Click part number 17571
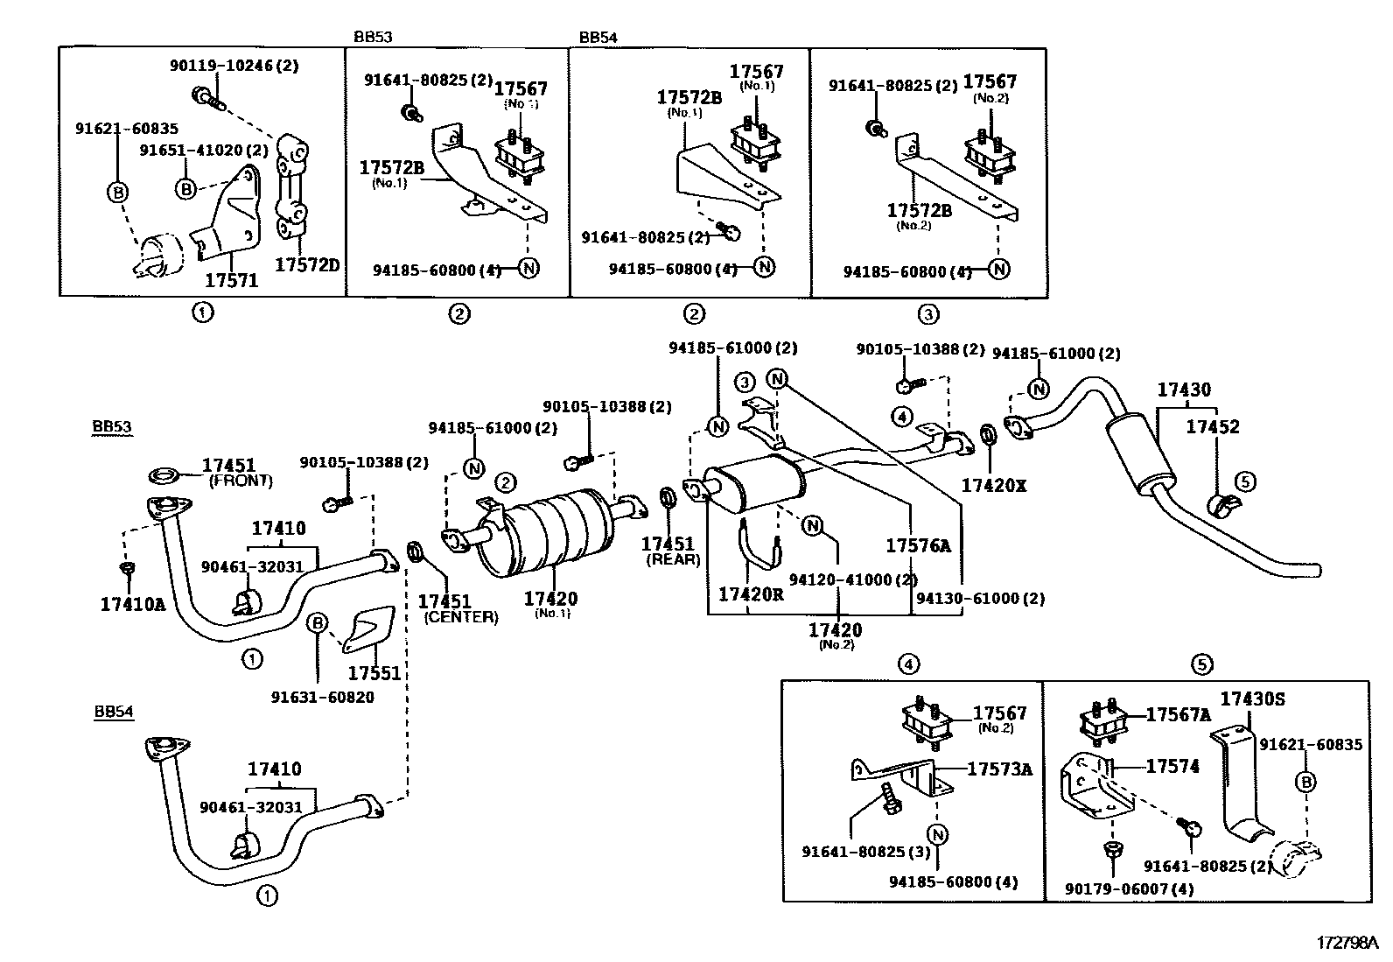[x=231, y=281]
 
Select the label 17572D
[x=307, y=265]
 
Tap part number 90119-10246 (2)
[x=234, y=66]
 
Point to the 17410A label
[x=133, y=604]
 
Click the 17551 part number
[x=374, y=673]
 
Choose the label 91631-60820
[x=323, y=698]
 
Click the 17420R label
[x=751, y=595]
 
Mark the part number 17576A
[x=919, y=545]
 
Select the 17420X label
[x=994, y=485]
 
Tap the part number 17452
[x=1213, y=427]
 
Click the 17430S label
[x=1252, y=699]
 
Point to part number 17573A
[x=999, y=769]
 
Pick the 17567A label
[x=1179, y=715]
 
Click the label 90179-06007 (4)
[x=1130, y=888]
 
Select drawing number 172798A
[x=1347, y=944]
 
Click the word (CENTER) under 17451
[x=461, y=617]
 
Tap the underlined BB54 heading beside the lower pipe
[x=114, y=712]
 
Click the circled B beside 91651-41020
[x=185, y=188]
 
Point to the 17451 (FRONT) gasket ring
[x=164, y=476]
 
